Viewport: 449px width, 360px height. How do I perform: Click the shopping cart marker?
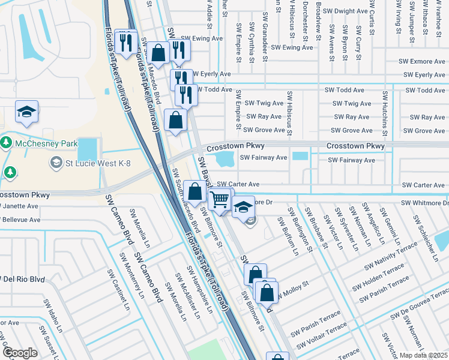[220, 200]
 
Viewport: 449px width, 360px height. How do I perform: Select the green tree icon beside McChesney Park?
[7, 143]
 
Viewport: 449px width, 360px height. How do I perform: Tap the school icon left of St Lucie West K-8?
[56, 163]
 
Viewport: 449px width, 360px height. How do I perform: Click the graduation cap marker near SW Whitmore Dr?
[243, 207]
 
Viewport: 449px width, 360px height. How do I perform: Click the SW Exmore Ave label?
[423, 61]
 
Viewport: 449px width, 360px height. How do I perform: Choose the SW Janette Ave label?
[19, 206]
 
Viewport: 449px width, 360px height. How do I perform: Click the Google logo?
[20, 353]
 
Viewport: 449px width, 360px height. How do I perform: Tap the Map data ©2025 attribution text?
[423, 355]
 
